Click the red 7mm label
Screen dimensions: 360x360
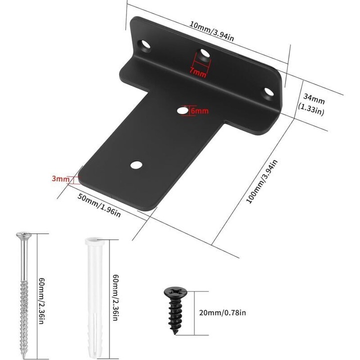(x=197, y=73)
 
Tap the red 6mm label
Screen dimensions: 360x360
(x=199, y=111)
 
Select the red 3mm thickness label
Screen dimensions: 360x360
(x=60, y=178)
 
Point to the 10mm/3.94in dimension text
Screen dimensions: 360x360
(x=211, y=31)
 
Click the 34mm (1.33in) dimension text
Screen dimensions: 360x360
(x=312, y=104)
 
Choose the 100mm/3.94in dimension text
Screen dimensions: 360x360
(x=262, y=181)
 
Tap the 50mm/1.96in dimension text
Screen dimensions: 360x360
(x=99, y=205)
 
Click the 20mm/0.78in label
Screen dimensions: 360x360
(x=222, y=312)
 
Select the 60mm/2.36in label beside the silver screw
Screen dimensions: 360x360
(x=41, y=301)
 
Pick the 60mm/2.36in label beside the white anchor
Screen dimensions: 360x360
(x=116, y=297)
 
